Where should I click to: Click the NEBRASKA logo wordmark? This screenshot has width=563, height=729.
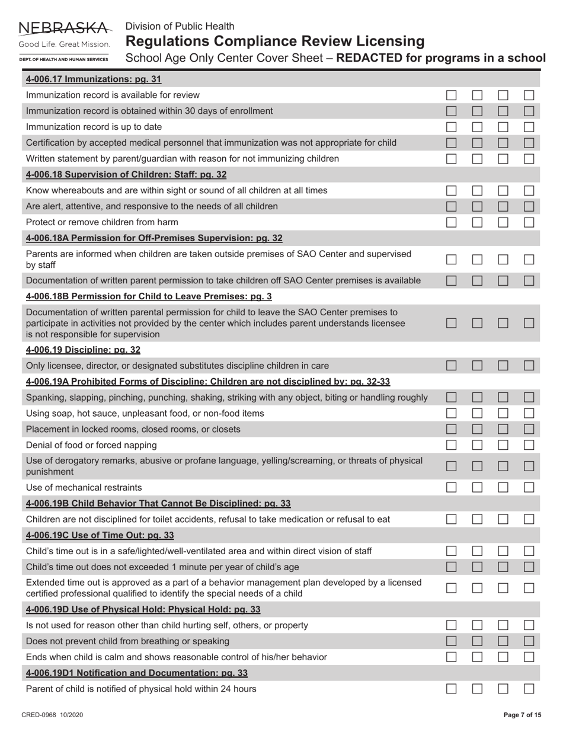pyautogui.click(x=64, y=28)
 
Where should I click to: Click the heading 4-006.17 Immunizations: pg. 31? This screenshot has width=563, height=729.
pyautogui.click(x=94, y=79)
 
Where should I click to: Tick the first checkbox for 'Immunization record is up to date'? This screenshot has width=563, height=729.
pyautogui.click(x=452, y=127)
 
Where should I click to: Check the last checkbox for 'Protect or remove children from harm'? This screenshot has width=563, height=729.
pyautogui.click(x=529, y=222)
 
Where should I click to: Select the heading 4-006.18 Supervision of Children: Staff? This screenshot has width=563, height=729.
pyautogui.click(x=126, y=174)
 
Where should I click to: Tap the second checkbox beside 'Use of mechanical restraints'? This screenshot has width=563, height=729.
pyautogui.click(x=478, y=488)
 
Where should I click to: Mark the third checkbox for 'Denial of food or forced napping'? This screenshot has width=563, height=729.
pyautogui.click(x=503, y=445)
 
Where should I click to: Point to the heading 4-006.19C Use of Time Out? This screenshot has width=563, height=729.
pyautogui.click(x=100, y=535)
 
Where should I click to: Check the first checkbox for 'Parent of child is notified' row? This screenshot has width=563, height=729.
pyautogui.click(x=452, y=689)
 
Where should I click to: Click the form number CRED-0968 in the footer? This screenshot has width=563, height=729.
pyautogui.click(x=52, y=715)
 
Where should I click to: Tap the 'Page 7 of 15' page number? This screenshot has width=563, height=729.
pyautogui.click(x=522, y=715)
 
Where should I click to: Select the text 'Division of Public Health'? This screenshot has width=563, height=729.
pyautogui.click(x=180, y=26)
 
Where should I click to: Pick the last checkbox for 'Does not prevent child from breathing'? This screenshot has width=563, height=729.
pyautogui.click(x=529, y=641)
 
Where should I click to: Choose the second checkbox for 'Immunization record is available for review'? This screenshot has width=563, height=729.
pyautogui.click(x=478, y=95)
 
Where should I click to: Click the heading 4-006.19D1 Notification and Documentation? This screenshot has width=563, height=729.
pyautogui.click(x=137, y=673)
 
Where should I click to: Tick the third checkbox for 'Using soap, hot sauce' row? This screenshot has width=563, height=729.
pyautogui.click(x=503, y=413)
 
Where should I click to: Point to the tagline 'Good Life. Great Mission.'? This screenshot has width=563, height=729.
pyautogui.click(x=64, y=44)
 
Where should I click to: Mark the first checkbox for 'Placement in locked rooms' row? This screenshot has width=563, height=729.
pyautogui.click(x=452, y=429)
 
